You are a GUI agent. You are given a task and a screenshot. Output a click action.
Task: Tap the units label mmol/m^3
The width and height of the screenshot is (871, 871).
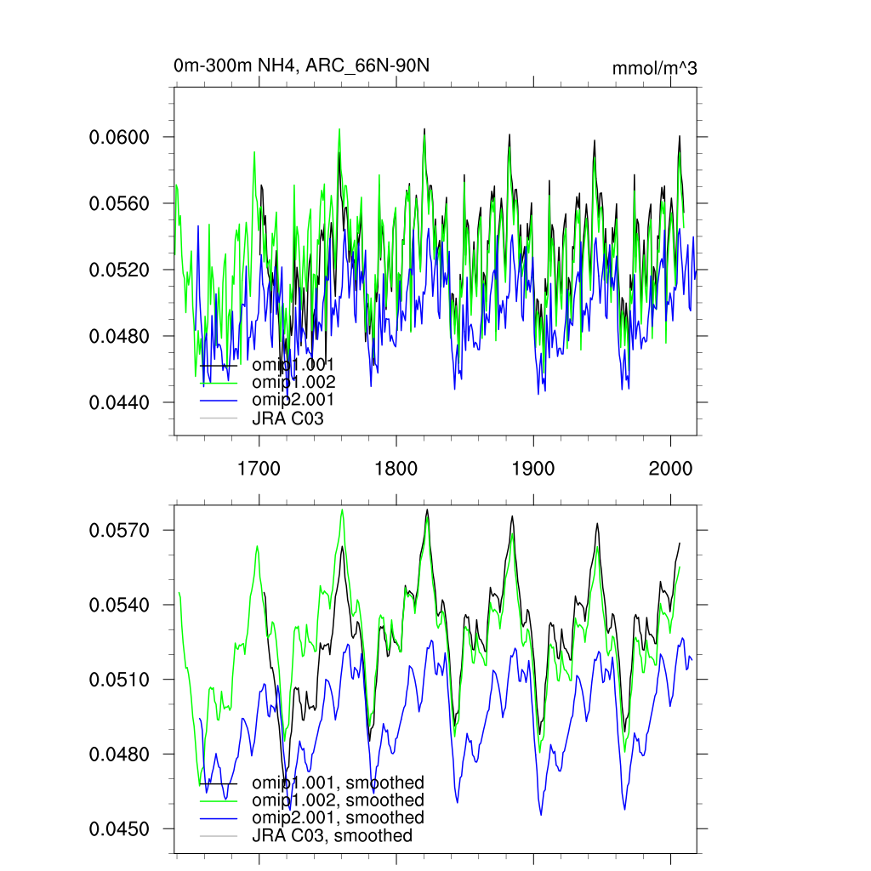pyautogui.click(x=654, y=69)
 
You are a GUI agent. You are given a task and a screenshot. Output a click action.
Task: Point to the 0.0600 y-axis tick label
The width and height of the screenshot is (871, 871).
pyautogui.click(x=120, y=137)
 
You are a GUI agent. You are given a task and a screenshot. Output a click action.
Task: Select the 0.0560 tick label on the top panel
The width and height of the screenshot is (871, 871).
pyautogui.click(x=120, y=203)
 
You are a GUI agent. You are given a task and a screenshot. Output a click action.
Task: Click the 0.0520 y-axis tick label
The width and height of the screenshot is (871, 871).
pyautogui.click(x=120, y=270)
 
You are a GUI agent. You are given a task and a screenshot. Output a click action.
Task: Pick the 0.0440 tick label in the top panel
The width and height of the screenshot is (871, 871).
pyautogui.click(x=120, y=401)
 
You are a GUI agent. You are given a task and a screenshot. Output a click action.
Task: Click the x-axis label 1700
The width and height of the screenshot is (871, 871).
pyautogui.click(x=259, y=469)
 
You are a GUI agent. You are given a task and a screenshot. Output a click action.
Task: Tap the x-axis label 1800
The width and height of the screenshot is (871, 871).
pyautogui.click(x=396, y=469)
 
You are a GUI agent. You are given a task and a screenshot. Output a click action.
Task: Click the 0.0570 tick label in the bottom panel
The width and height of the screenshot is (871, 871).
pyautogui.click(x=120, y=530)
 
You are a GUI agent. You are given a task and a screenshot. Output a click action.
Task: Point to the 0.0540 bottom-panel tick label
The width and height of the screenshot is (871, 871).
pyautogui.click(x=120, y=605)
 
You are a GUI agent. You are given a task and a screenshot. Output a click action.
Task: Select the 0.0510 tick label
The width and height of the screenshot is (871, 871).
pyautogui.click(x=120, y=680)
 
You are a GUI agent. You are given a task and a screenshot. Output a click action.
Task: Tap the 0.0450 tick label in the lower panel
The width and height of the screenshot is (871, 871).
pyautogui.click(x=120, y=828)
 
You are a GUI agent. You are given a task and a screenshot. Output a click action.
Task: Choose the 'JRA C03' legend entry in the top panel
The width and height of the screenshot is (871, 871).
pyautogui.click(x=288, y=418)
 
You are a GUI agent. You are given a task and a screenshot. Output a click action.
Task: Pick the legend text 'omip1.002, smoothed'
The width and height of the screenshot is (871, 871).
pyautogui.click(x=338, y=800)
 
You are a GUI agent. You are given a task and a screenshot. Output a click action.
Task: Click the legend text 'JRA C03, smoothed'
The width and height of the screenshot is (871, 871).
pyautogui.click(x=332, y=835)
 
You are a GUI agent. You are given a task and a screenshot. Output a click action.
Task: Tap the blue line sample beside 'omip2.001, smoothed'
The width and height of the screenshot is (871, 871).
pyautogui.click(x=218, y=818)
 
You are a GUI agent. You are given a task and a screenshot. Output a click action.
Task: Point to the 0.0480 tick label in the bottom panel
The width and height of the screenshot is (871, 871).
pyautogui.click(x=120, y=754)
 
